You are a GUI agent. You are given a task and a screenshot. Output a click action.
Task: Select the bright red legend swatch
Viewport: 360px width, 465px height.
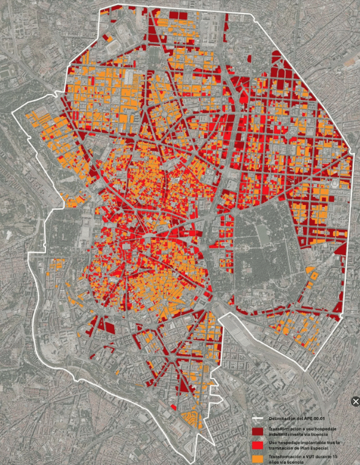tap(259, 445)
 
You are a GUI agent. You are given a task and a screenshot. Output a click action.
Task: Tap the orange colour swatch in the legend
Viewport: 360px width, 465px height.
tap(259, 458)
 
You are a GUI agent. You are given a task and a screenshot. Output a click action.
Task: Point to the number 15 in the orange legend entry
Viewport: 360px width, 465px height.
tap(340, 456)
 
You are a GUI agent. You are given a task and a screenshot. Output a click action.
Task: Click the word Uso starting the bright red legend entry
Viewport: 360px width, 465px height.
tap(273, 442)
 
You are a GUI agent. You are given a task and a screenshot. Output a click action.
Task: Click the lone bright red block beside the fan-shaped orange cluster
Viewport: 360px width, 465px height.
tap(174, 407)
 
